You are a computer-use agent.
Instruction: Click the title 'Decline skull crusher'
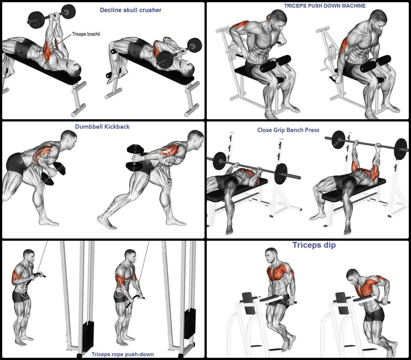click(x=131, y=10)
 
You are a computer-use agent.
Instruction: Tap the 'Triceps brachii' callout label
click(x=86, y=34)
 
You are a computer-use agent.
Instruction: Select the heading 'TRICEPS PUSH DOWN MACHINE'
click(x=325, y=6)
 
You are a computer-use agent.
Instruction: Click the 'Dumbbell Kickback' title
click(x=102, y=127)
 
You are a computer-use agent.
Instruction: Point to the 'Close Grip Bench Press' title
click(x=288, y=130)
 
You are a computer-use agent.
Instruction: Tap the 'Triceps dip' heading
click(x=314, y=245)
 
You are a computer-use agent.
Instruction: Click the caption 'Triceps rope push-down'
click(x=123, y=354)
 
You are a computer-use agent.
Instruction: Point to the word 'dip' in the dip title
click(x=330, y=245)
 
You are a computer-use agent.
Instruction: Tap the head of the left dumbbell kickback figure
click(x=69, y=138)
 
